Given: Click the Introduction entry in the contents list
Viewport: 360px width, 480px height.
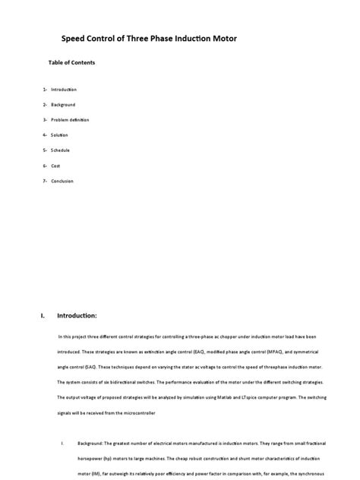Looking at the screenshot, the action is [64, 90].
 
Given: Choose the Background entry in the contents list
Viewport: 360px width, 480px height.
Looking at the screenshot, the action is [63, 104].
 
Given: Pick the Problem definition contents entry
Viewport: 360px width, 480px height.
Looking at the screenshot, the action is [70, 119].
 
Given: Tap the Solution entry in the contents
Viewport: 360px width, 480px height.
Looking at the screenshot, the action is [60, 134].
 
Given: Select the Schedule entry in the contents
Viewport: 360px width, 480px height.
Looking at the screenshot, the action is [61, 150].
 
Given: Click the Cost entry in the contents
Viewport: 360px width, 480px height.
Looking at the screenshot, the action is [55, 165].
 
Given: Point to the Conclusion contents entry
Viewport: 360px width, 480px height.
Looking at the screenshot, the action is [62, 180].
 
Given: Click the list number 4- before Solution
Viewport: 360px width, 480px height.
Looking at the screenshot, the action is [46, 134].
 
